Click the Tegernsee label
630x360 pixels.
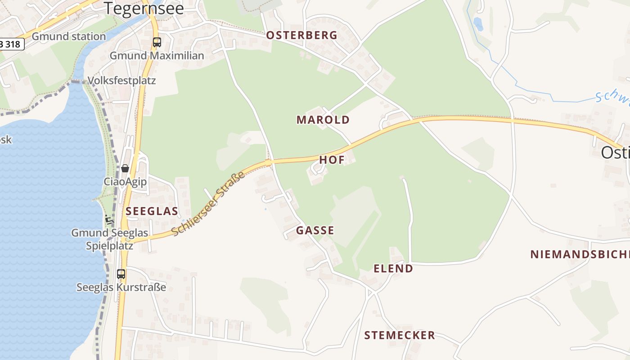144,8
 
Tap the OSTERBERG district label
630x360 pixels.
301,35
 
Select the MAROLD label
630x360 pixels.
323,120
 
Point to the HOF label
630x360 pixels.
332,160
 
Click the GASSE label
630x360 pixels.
315,230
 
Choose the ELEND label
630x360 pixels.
393,269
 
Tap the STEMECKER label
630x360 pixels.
400,335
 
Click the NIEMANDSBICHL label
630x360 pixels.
580,254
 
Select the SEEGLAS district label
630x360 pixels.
152,211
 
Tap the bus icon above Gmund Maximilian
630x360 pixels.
157,42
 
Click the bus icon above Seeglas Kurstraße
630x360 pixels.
121,274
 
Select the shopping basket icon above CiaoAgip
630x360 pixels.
125,168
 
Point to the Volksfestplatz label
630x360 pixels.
121,81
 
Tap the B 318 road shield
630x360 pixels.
11,44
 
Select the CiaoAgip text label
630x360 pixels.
125,182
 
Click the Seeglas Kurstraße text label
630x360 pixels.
121,287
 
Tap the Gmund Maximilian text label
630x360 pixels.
157,56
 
